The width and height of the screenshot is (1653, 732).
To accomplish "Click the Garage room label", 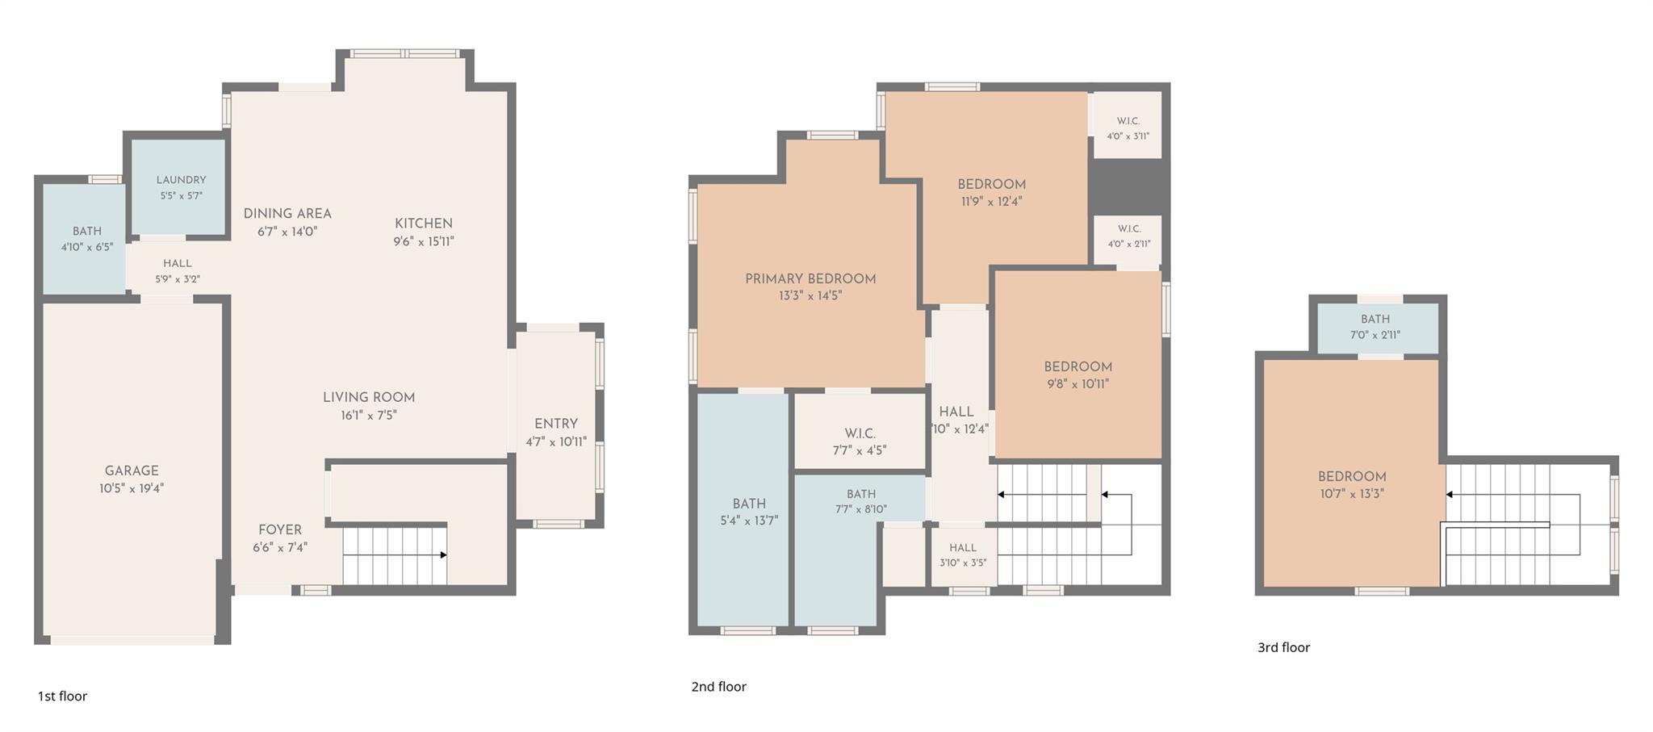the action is pyautogui.click(x=132, y=471).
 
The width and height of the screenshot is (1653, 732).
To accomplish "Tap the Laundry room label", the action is pyautogui.click(x=181, y=180).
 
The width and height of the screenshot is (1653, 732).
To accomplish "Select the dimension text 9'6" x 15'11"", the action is pyautogui.click(x=424, y=241).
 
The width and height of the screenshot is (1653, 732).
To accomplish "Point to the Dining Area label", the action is pyautogui.click(x=287, y=214).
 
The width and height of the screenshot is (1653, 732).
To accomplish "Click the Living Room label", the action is pyautogui.click(x=369, y=398).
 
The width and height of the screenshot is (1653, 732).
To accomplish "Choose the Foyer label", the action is pyautogui.click(x=280, y=530).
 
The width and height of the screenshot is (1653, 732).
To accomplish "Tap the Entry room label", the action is pyautogui.click(x=556, y=424).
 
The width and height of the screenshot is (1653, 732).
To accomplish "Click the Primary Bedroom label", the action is pyautogui.click(x=810, y=279).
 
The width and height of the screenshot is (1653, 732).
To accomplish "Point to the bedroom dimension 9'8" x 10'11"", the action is pyautogui.click(x=1078, y=384).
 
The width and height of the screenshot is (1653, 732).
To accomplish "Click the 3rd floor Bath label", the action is pyautogui.click(x=1375, y=319).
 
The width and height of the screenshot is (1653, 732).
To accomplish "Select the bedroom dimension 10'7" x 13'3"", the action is pyautogui.click(x=1352, y=494).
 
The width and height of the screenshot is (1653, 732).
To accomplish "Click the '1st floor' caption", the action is pyautogui.click(x=62, y=696).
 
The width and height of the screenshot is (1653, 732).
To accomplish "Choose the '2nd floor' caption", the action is pyautogui.click(x=718, y=687).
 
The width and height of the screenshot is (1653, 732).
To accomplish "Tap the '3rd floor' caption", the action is pyautogui.click(x=1283, y=647).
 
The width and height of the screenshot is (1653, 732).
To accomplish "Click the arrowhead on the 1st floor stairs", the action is pyautogui.click(x=443, y=555).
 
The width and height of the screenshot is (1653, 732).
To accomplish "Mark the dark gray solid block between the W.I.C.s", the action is pyautogui.click(x=1128, y=186).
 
